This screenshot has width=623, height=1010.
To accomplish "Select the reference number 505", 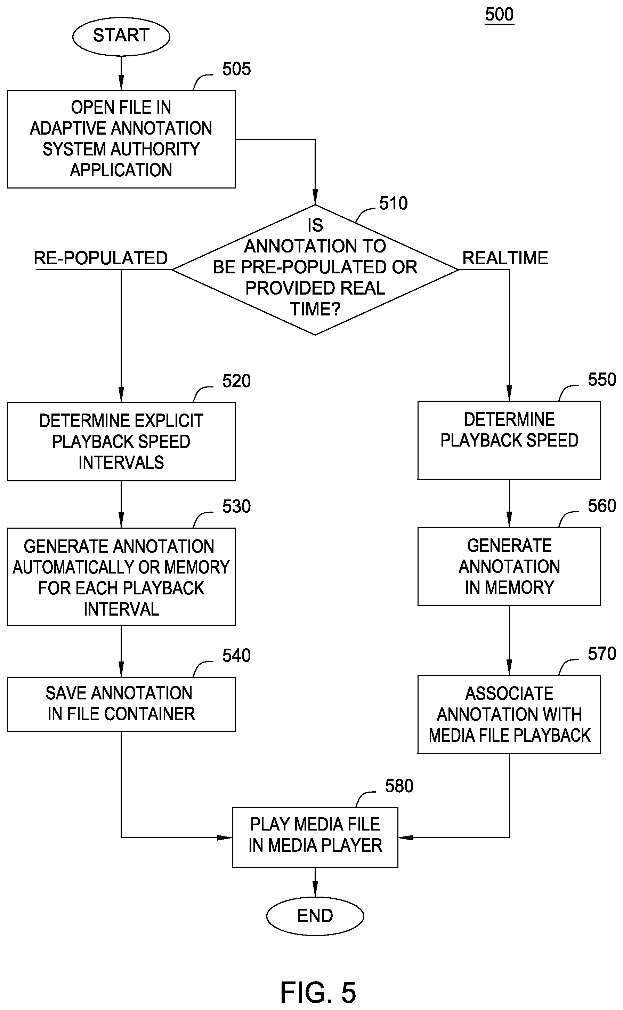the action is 236,69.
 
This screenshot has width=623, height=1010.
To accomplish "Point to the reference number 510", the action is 394,203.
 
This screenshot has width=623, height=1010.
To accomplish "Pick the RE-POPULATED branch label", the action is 100,258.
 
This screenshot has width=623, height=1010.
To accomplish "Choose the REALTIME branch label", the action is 505,258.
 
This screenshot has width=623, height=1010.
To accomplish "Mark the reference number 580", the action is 399,786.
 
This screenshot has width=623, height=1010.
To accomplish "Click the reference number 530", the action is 236,506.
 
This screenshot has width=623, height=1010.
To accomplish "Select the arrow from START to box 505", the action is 121,73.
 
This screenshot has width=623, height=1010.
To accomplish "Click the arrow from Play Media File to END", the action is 315,882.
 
